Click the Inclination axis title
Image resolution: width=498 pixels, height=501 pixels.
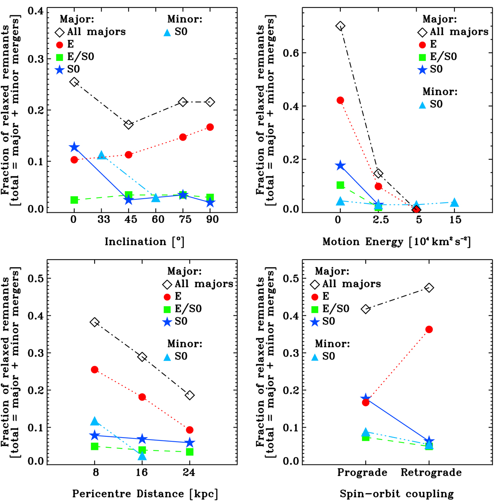pos(144,241)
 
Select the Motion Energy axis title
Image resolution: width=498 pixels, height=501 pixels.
pos(396,241)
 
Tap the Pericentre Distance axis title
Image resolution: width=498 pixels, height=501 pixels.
pos(145,494)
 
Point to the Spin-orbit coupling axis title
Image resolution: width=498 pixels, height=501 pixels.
pos(396,494)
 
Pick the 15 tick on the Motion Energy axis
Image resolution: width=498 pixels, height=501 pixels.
pos(455,219)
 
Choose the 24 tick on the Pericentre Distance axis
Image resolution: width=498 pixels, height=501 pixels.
pos(189,472)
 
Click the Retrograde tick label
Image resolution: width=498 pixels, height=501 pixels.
pos(431,472)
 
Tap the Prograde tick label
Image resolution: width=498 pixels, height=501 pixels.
pos(362,472)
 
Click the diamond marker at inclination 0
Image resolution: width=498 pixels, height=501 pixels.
pos(74,82)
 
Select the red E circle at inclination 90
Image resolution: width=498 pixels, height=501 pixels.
pos(210,127)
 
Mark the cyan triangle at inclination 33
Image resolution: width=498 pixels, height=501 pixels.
pos(102,156)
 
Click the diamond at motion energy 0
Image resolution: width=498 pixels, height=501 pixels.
pos(340,26)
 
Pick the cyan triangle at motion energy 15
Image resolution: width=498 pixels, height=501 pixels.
pos(455,202)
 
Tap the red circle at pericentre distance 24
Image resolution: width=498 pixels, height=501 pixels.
pos(190,430)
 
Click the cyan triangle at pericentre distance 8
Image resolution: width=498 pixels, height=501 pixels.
pos(95,421)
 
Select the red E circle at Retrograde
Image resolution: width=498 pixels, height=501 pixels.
pos(429,329)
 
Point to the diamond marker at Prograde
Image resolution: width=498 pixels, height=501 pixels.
pos(366,309)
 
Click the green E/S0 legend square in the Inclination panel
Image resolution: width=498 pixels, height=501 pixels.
pos(59,57)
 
